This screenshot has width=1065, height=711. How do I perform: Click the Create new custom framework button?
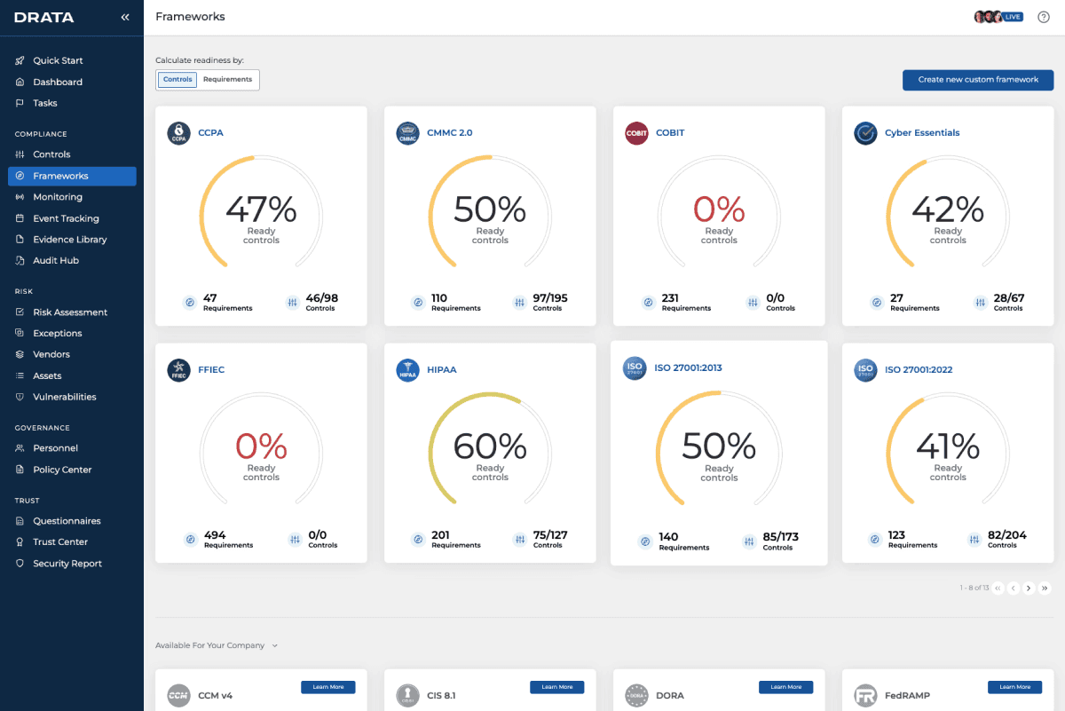pos(978,80)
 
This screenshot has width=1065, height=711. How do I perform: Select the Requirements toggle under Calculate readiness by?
pos(227,80)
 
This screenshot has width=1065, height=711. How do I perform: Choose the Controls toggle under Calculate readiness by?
pos(177,80)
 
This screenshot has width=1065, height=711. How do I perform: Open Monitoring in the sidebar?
pos(58,197)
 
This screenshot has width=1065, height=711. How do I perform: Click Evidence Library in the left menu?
pos(69,240)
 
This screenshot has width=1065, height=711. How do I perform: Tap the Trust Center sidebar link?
pos(60,542)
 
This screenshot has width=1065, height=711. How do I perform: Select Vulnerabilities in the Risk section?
pos(64,397)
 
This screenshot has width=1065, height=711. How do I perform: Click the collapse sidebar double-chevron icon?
pos(125,17)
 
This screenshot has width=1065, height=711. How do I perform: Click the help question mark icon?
pos(1044,17)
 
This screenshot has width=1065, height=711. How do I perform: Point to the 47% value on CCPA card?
pos(261,210)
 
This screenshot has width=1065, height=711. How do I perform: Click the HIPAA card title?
pos(441,370)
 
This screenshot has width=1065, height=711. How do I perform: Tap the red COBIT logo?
pos(636,133)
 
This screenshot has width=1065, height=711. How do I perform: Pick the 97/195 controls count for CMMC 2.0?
pos(550,298)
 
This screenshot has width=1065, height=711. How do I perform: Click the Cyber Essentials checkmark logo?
pos(865,133)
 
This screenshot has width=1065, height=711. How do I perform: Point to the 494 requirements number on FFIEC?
pos(215,535)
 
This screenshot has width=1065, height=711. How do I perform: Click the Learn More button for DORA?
pos(785,687)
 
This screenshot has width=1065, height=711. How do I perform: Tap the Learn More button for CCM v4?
pos(328,687)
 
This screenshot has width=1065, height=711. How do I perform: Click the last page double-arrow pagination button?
pos(1045,588)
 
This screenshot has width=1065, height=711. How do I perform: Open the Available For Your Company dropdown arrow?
pos(275,646)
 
